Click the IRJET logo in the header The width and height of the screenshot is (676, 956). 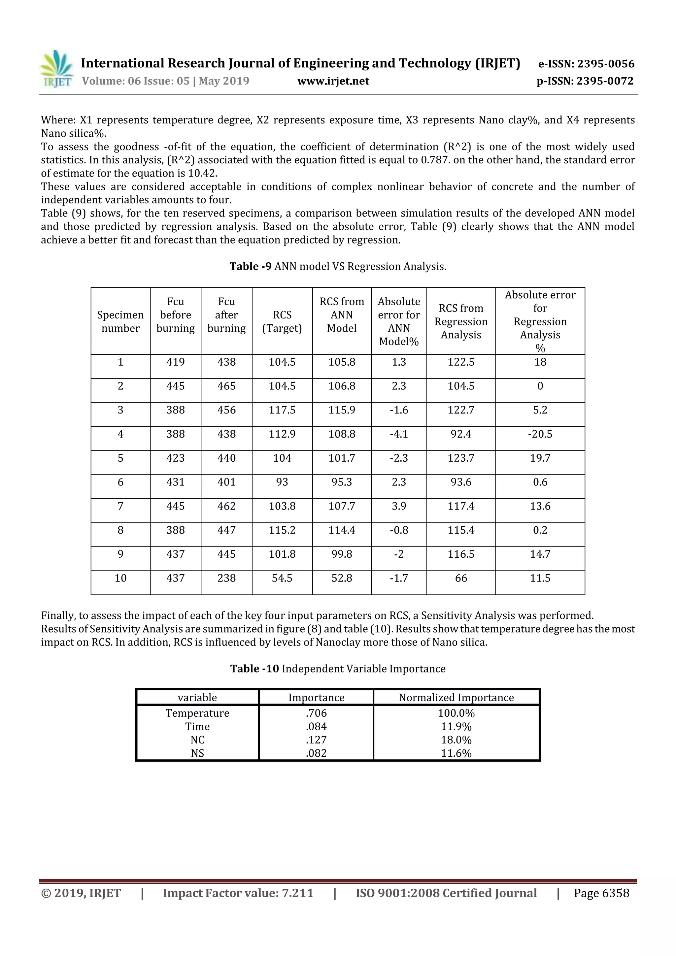[57, 69]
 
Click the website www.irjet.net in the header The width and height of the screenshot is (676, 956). [333, 81]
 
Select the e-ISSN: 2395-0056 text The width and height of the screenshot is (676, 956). [586, 64]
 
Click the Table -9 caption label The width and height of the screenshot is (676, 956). [251, 267]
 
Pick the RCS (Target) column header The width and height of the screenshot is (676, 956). [282, 321]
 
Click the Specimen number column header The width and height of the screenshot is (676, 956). [120, 321]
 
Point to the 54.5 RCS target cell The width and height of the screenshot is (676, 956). [282, 578]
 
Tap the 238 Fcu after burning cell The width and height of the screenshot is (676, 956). [226, 578]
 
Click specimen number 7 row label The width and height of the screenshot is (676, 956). [120, 506]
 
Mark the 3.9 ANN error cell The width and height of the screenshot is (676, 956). [399, 506]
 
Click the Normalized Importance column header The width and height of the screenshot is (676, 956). [456, 697]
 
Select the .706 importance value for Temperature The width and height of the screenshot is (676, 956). [316, 713]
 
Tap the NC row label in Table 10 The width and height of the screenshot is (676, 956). [197, 740]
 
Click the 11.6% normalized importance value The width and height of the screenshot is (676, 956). [456, 753]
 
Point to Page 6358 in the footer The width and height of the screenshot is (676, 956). [601, 893]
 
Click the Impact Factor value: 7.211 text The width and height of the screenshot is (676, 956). [238, 893]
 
